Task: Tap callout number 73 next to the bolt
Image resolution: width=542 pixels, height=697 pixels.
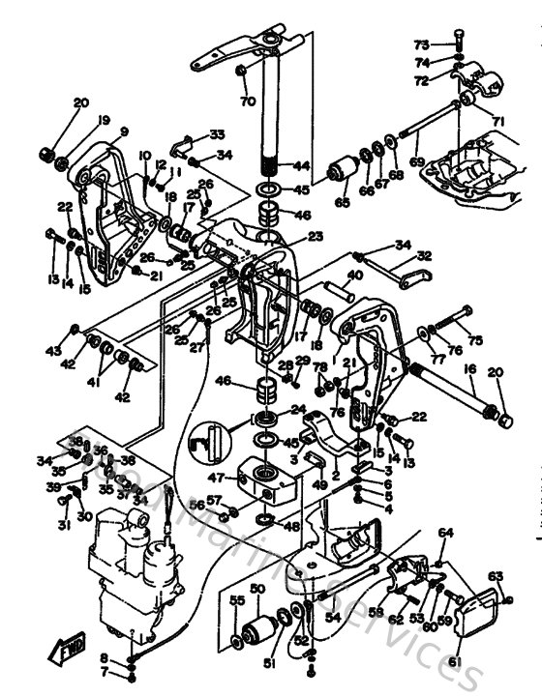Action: point(421,44)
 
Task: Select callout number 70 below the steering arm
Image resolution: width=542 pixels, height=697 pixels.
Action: point(248,101)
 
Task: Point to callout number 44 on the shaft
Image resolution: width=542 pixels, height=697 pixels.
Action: point(301,166)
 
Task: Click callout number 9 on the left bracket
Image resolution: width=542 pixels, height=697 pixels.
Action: point(124,132)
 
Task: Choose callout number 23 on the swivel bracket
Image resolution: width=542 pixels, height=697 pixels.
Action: point(316,235)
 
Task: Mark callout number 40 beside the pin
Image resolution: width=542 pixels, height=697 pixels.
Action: point(355,276)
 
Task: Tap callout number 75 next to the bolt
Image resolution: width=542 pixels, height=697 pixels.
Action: point(474,340)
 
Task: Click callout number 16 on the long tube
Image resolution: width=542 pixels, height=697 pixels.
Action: point(469,369)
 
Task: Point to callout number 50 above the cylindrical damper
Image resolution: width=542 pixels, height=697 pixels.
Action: point(257,589)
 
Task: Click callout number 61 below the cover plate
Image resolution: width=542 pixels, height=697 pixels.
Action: point(455,661)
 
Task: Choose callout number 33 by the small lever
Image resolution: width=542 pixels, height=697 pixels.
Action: point(216,134)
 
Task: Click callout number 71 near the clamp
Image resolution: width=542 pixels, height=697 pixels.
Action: point(498,121)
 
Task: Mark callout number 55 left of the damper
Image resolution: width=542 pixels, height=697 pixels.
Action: point(236,600)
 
